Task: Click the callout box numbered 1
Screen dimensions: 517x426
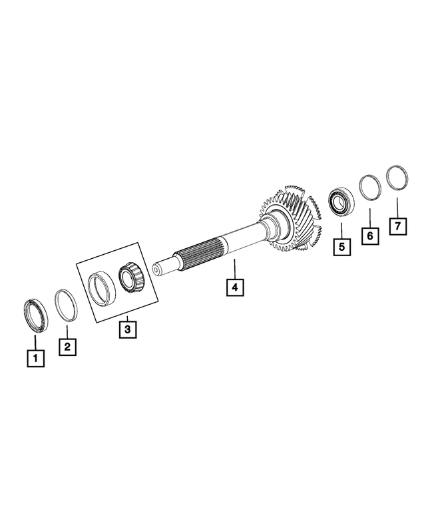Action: pyautogui.click(x=35, y=359)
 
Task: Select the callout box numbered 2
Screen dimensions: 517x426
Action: pyautogui.click(x=67, y=347)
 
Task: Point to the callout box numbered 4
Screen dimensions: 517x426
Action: pyautogui.click(x=235, y=287)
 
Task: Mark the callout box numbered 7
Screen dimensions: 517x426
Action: pyautogui.click(x=397, y=226)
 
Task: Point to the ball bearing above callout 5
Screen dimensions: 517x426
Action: pyautogui.click(x=341, y=200)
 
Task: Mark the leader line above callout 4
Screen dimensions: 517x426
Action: pyautogui.click(x=235, y=269)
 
